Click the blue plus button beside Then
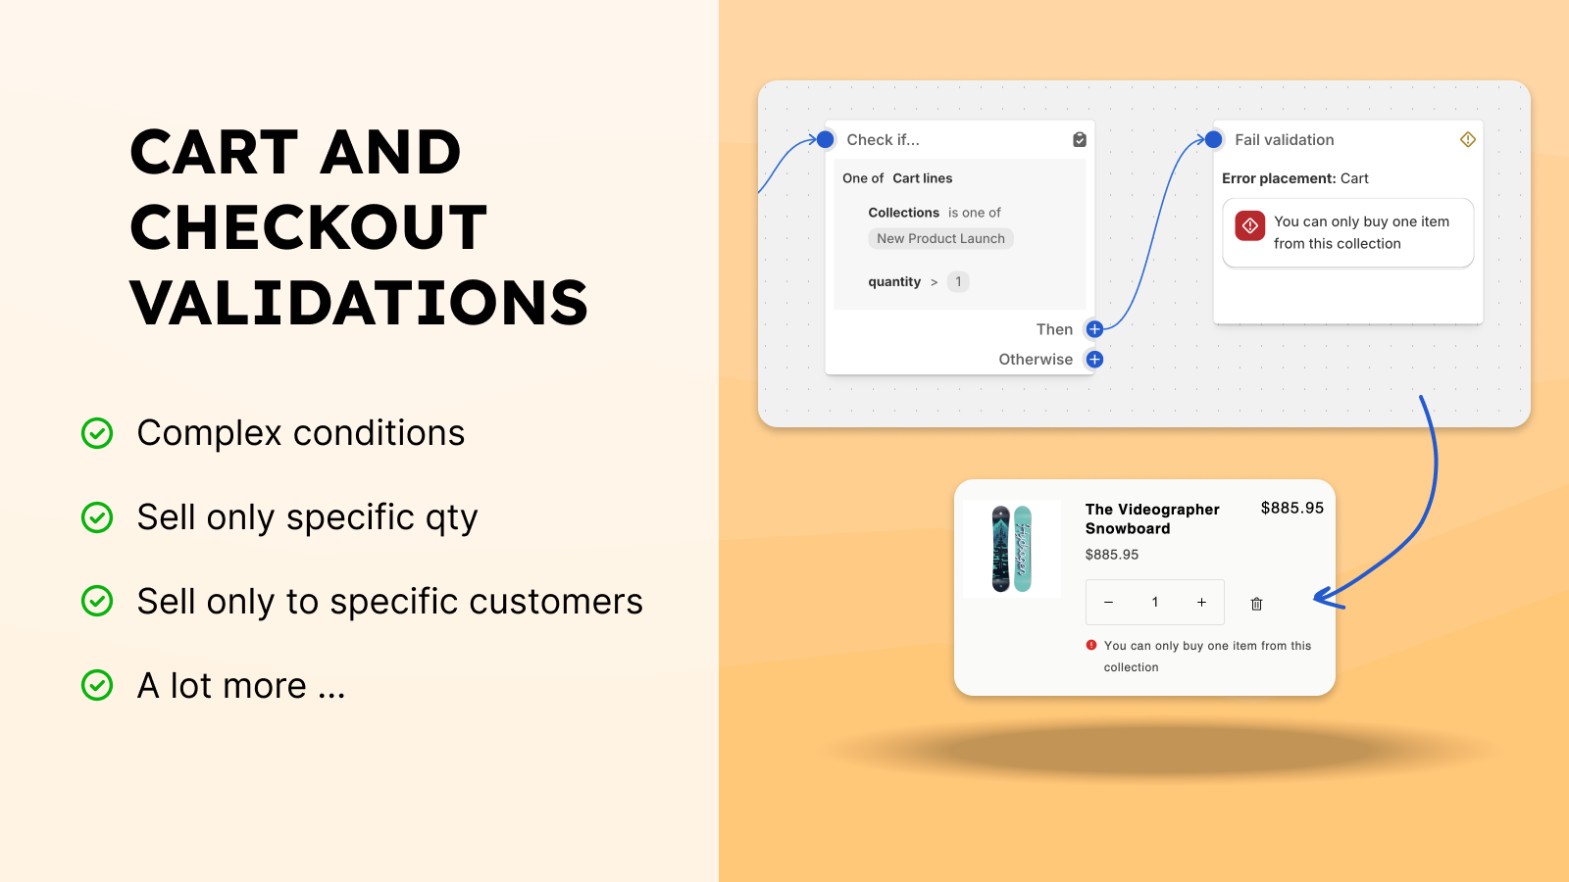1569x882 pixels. click(x=1094, y=329)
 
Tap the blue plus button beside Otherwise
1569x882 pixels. click(x=1094, y=359)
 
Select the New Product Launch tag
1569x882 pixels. click(x=940, y=239)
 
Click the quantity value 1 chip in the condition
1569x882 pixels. click(x=958, y=281)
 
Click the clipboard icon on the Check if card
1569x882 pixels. click(x=1080, y=139)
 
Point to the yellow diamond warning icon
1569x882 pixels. click(x=1467, y=139)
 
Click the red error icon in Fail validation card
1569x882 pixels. click(x=1250, y=225)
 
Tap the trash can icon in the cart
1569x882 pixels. click(x=1256, y=604)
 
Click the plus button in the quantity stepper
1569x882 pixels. click(x=1201, y=602)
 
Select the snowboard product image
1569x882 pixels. click(x=1012, y=549)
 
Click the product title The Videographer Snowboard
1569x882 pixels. click(x=1152, y=518)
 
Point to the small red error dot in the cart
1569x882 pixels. click(x=1091, y=646)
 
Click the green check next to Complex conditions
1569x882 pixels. click(x=97, y=433)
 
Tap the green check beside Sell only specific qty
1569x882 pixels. click(x=97, y=517)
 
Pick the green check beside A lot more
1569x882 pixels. click(x=97, y=685)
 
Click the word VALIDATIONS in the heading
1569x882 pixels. click(x=359, y=303)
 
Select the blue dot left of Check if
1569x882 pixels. click(x=825, y=139)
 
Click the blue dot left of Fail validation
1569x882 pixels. click(x=1213, y=139)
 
